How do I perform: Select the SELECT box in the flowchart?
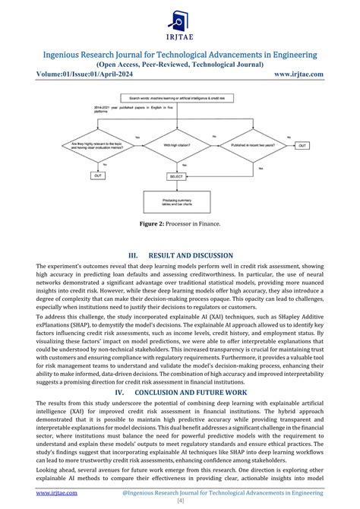(x=177, y=176)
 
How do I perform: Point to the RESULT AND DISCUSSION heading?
(x=193, y=256)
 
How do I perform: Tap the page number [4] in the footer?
(x=180, y=502)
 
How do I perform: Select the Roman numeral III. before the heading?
(x=133, y=256)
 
